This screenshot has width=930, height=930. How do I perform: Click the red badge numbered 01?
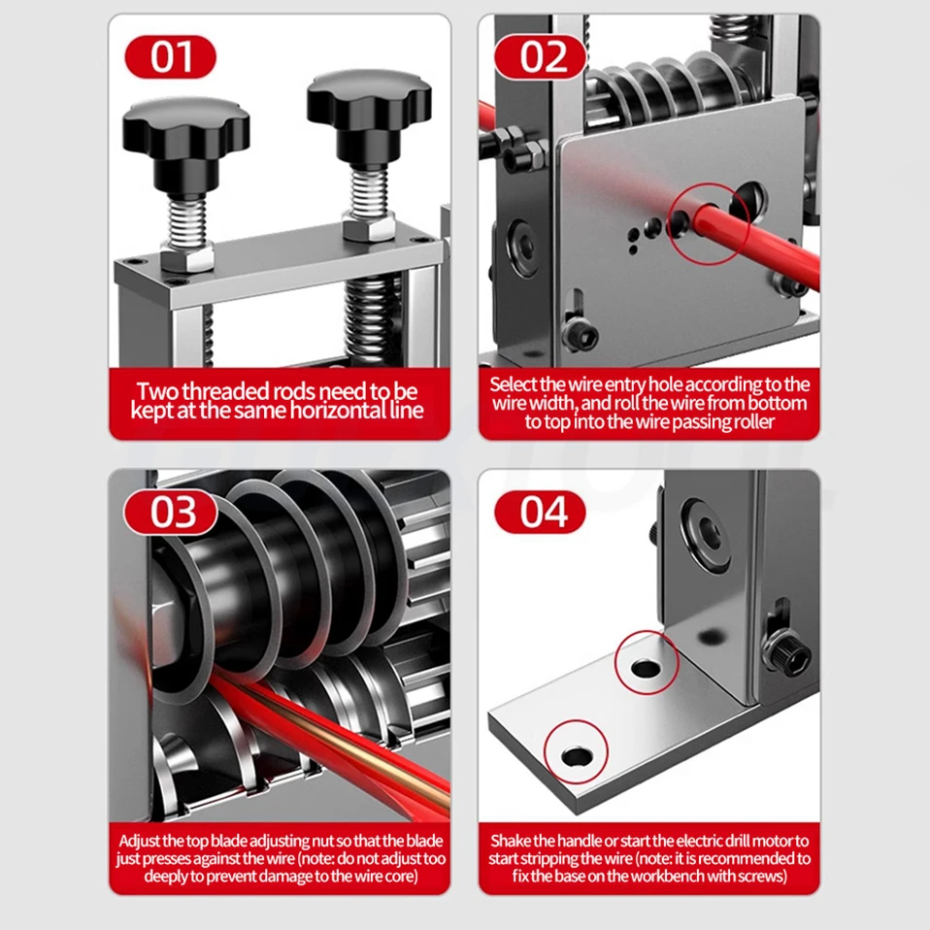point(171,57)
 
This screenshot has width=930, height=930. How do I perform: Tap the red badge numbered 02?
point(540,57)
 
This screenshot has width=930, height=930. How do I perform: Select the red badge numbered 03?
point(171,512)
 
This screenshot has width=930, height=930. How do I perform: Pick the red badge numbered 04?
point(540,512)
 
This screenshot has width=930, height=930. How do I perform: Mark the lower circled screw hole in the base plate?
point(577,756)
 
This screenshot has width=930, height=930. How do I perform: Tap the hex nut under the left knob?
point(187,257)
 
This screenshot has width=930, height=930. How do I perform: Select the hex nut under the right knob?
point(368,227)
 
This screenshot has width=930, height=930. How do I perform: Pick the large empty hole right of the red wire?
point(748,200)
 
